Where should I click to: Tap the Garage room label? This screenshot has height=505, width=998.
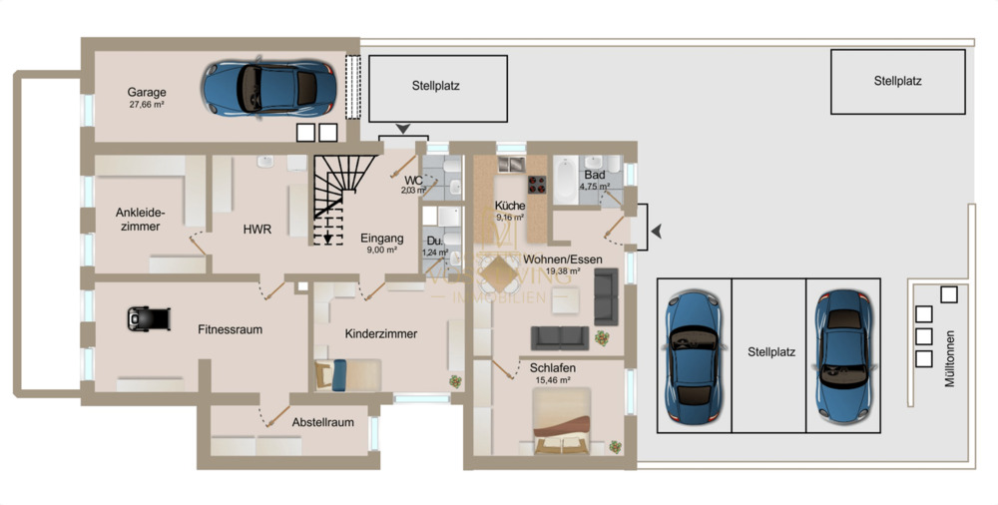(147, 91)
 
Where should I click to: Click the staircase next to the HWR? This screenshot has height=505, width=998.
(328, 200)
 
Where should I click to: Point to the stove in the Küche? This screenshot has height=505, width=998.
(538, 184)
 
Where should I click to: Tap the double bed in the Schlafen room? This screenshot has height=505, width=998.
(566, 421)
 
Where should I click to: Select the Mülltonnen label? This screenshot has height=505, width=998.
(949, 358)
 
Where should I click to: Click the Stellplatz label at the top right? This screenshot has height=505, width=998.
(897, 81)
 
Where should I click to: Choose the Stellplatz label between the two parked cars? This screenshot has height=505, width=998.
(770, 352)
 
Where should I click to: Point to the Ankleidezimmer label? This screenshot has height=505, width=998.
(140, 220)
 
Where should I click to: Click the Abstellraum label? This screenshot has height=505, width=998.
(322, 422)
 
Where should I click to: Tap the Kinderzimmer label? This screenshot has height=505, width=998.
(380, 333)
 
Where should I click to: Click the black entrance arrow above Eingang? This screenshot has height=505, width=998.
(403, 128)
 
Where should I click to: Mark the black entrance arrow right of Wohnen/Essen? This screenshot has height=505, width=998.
(656, 232)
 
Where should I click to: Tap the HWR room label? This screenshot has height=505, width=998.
(257, 229)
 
